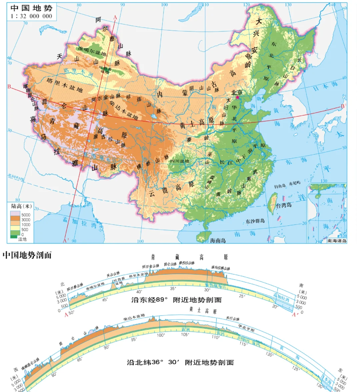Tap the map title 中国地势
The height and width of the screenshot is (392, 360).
[32, 8]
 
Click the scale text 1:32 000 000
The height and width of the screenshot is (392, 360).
[32, 16]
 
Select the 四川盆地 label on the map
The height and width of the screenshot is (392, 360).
[180, 161]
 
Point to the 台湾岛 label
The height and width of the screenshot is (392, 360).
[284, 205]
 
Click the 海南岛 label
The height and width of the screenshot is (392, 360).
[218, 240]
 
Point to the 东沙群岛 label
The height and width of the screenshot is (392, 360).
[255, 221]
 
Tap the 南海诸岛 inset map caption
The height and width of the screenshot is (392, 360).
[337, 241]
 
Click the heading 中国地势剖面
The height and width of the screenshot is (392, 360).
[27, 255]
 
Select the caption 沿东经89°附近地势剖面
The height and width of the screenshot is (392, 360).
[176, 300]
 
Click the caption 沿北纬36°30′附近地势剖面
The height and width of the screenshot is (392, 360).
[180, 362]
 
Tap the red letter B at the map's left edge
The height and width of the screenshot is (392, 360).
[9, 87]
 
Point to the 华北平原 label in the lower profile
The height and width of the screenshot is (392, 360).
[246, 328]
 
